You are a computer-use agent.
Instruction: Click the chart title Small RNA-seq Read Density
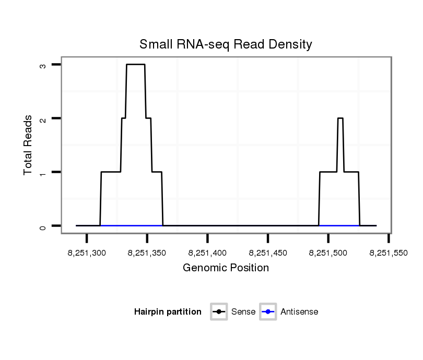[x=226, y=44]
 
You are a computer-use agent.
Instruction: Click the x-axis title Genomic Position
[x=226, y=268]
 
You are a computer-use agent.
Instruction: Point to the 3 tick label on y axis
[x=43, y=65]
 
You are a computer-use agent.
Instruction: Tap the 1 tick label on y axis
[x=43, y=172]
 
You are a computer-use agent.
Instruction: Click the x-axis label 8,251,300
[x=87, y=253]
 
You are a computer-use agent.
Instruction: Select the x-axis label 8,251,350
[x=147, y=253]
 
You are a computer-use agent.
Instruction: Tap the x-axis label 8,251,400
[x=208, y=253]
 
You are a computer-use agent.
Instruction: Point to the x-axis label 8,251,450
[x=268, y=253]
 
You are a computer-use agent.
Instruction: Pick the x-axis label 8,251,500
[x=328, y=253]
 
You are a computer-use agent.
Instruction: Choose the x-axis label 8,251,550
[x=389, y=253]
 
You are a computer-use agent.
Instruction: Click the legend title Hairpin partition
[x=168, y=312]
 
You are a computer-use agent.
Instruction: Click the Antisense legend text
[x=299, y=312]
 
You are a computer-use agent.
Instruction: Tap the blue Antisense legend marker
[x=268, y=312]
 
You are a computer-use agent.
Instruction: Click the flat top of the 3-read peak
[x=136, y=64]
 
